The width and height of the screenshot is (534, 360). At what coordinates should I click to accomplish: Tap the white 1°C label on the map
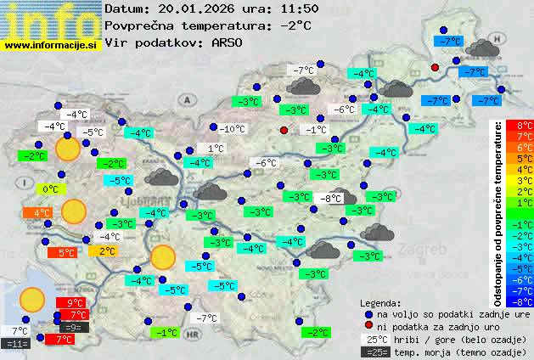pos(216,148)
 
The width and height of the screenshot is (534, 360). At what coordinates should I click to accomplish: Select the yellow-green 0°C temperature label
pos(50,188)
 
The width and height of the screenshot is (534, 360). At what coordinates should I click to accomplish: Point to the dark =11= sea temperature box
pos(15,344)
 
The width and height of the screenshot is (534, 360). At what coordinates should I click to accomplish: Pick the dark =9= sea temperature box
pos(74,327)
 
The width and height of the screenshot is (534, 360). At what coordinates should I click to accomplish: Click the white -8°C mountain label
pos(330,198)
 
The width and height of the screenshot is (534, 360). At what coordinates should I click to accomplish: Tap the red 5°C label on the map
pos(65,252)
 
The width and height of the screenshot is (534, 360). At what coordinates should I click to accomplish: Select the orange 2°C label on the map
pos(105,251)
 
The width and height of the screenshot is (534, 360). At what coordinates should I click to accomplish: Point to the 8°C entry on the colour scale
pos(525,126)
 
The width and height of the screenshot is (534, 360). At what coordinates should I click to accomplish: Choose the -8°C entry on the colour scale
pos(525,301)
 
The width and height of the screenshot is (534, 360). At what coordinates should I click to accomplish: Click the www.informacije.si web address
pos(52,44)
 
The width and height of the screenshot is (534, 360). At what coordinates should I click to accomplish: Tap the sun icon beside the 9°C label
pos(32,299)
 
